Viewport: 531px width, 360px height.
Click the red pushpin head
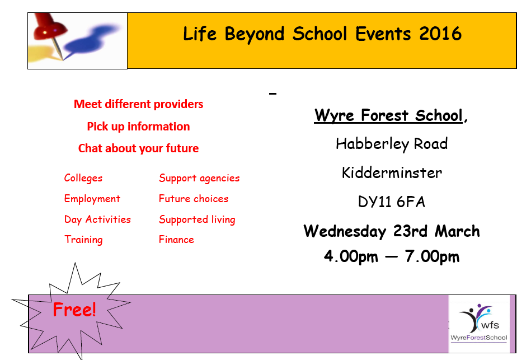coord(50,26)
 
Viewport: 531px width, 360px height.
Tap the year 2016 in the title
coord(440,34)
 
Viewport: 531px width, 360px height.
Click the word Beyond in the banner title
coord(255,35)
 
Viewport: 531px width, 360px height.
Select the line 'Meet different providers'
coord(139,104)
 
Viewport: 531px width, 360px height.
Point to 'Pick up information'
coord(139,127)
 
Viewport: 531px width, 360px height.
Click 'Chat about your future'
coord(139,148)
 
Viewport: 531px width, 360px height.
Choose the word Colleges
coord(83,178)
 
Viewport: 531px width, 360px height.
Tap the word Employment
coord(92,199)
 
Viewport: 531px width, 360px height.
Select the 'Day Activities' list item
coord(97,219)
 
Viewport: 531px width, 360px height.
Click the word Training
coord(83,240)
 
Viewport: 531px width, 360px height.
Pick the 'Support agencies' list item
coord(199,178)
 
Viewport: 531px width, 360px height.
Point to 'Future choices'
coord(194,199)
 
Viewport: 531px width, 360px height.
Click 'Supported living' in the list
coord(197,219)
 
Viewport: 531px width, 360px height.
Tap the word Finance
coord(176,240)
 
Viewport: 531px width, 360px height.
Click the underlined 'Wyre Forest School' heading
coord(388,115)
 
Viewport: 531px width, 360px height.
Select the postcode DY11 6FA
coord(392,202)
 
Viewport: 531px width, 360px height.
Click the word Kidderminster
coord(392,173)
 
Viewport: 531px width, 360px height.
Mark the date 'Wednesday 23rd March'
coord(392,232)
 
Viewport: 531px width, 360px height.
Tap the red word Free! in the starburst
coord(74,310)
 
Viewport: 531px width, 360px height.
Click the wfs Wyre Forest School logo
coord(479,324)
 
